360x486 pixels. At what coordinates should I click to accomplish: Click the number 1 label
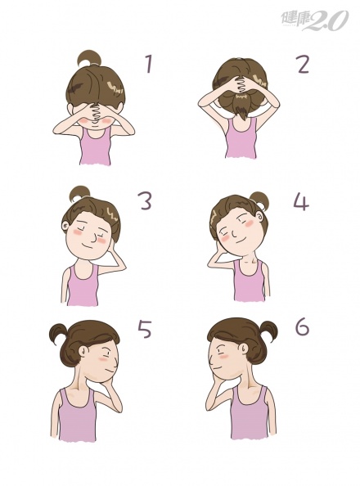pos(150,64)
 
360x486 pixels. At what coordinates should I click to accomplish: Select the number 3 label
pos(145,200)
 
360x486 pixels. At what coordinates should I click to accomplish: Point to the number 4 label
pos(300,201)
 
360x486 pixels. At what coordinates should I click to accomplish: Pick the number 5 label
pos(145,329)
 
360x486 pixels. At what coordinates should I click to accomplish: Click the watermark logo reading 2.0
pos(325,20)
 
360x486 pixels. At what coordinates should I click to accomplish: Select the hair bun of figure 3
pos(79,194)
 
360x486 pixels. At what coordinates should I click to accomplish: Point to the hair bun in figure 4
pos(259,200)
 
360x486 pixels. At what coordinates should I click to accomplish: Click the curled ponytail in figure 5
pos(60,334)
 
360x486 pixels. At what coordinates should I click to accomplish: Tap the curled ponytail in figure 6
pos(267,331)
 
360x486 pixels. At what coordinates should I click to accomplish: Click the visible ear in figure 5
pos(83,350)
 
